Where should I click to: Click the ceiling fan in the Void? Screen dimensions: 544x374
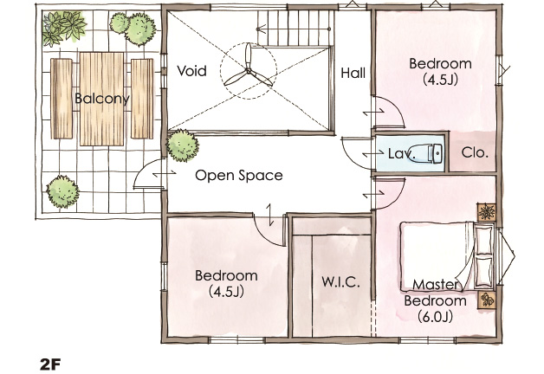point(248,71)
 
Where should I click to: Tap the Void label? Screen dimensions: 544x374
point(191,71)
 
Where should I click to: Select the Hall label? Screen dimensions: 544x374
point(353,73)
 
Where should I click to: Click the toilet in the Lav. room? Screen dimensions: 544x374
point(430,153)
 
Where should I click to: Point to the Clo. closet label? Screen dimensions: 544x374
point(475,152)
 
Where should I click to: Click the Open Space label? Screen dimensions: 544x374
point(239,176)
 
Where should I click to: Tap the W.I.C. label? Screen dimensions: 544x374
point(340,282)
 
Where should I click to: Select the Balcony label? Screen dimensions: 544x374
point(102,99)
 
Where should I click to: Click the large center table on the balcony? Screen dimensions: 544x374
point(101,100)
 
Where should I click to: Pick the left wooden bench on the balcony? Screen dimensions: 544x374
point(62,99)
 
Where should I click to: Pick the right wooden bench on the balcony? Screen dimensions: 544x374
point(142,99)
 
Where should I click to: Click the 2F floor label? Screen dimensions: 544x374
point(50,364)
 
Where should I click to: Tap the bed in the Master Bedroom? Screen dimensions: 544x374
point(447,256)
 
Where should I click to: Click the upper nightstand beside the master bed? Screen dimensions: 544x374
point(487,212)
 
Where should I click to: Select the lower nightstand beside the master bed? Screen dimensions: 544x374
point(487,300)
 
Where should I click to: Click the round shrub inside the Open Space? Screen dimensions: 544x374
point(183,145)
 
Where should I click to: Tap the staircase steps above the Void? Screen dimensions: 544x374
point(295,27)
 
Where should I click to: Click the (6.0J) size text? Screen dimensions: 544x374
point(436,317)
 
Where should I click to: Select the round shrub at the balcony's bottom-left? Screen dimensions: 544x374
point(62,191)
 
